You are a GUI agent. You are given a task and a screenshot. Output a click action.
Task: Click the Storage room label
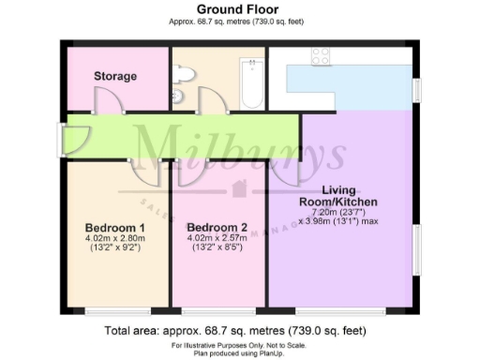pos(115,76)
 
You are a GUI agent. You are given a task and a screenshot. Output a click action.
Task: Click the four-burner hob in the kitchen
pos(320,55)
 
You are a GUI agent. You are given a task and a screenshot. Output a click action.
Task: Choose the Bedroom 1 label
pos(114,228)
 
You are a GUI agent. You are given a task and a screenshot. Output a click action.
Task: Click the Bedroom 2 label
pos(217,228)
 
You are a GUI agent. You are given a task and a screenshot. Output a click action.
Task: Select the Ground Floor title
pos(241,8)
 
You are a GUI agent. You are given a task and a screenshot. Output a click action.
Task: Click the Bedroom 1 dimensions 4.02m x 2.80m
pos(115,239)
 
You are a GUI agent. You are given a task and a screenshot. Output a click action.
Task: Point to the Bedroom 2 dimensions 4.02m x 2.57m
pos(217,239)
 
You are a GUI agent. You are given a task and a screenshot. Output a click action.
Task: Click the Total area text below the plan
pos(241,330)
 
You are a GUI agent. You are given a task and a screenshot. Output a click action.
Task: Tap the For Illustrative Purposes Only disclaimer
pos(241,345)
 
